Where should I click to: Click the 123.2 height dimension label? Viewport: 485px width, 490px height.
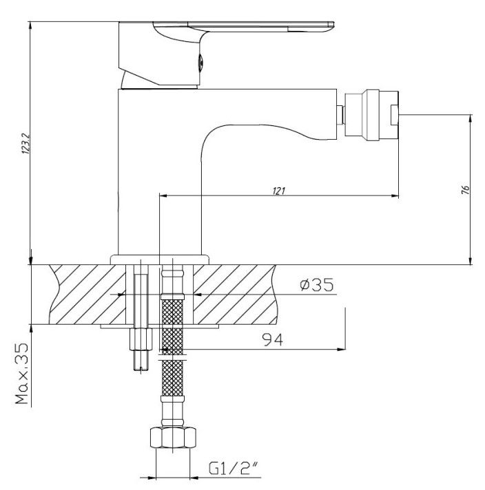coord(25,144)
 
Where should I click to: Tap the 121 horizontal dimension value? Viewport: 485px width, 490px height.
coord(279,191)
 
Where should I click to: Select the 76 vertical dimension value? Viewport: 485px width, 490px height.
coord(465,190)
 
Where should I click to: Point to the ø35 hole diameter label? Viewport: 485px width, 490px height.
coord(317,285)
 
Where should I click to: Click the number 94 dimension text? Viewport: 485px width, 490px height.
coord(272,340)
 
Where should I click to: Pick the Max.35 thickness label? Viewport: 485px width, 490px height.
coord(22,374)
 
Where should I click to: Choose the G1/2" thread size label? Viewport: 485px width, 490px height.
coord(234,468)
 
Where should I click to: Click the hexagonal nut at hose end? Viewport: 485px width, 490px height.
coord(173,438)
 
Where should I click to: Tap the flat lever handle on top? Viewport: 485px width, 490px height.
coord(244,27)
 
